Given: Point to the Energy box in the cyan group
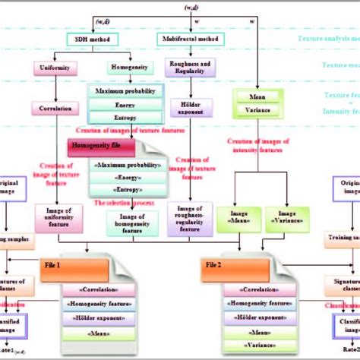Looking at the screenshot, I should tap(119, 105).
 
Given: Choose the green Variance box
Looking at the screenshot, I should tap(258, 109).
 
